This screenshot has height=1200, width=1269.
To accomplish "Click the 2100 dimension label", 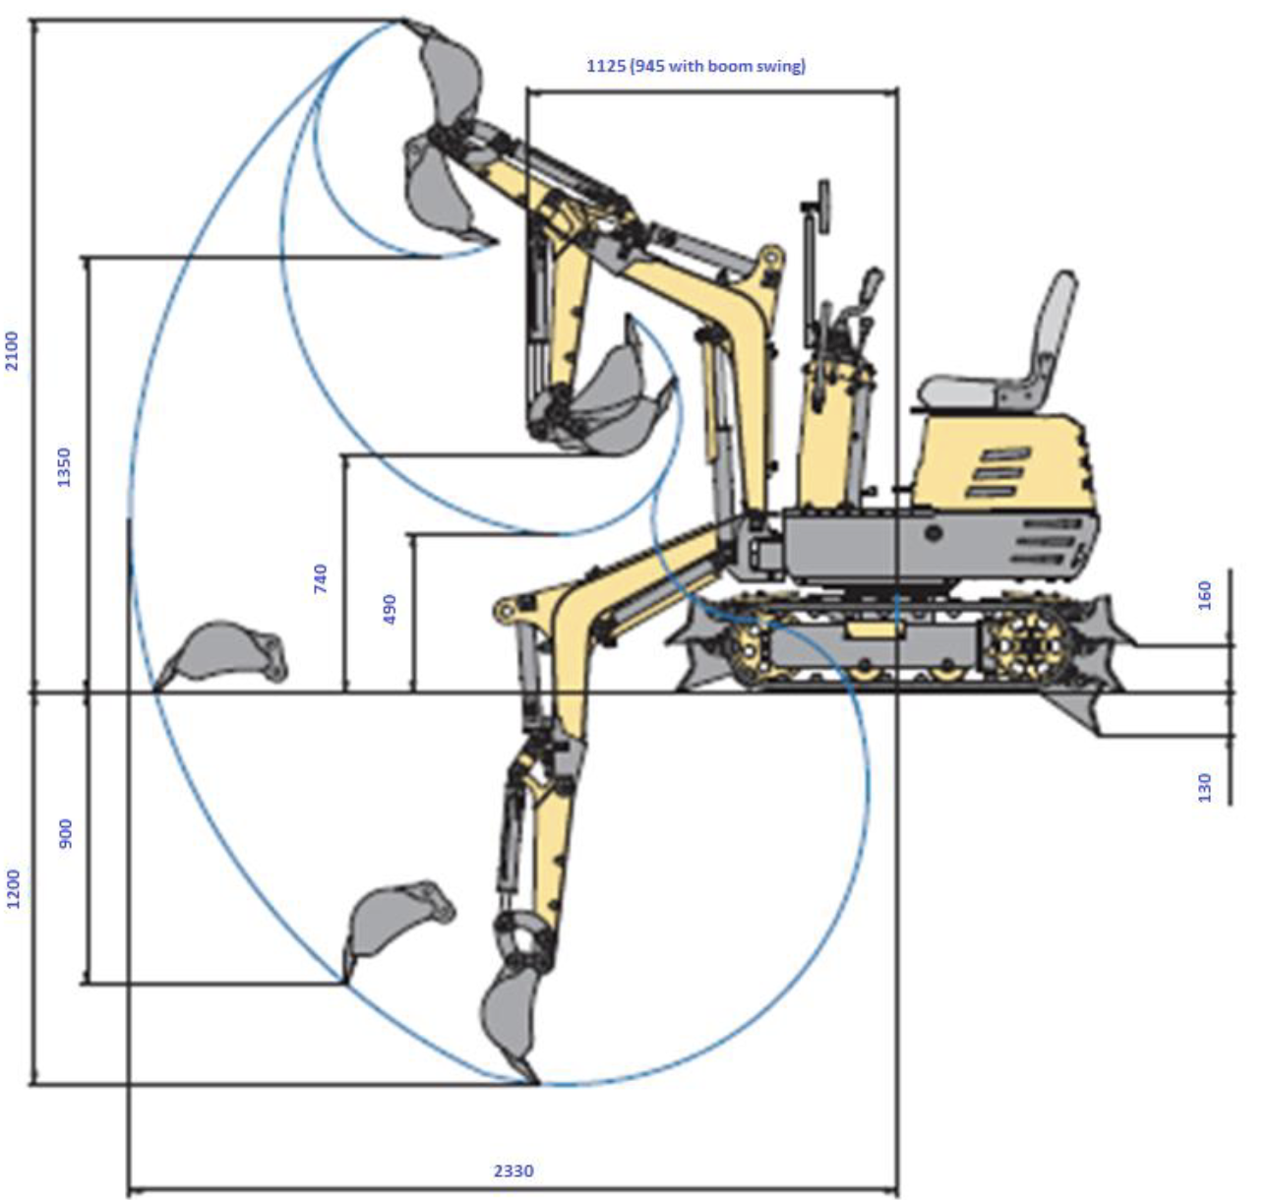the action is click(x=13, y=351).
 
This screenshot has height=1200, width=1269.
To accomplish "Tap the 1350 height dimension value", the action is click(x=65, y=466).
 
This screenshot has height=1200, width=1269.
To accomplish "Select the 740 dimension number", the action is click(x=320, y=578).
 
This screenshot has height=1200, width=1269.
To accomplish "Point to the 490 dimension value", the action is click(x=390, y=610).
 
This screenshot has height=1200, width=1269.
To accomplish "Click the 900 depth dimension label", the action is click(x=65, y=833).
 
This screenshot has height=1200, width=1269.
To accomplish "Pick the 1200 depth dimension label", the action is click(x=13, y=889).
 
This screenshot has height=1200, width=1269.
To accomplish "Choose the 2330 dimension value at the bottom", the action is click(x=514, y=1170).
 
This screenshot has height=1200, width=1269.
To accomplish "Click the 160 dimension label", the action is click(x=1204, y=596).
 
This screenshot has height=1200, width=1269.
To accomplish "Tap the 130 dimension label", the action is click(x=1204, y=788).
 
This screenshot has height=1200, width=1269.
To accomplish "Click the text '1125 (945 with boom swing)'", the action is click(x=695, y=66).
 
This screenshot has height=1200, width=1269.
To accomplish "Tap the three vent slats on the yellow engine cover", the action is click(x=997, y=472).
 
